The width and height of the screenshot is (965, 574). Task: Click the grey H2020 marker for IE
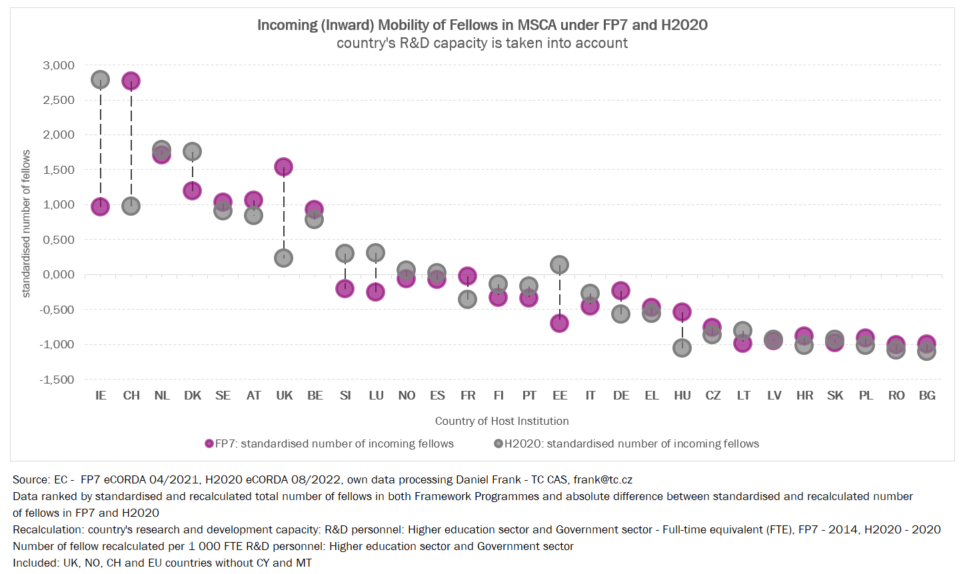pos(100,80)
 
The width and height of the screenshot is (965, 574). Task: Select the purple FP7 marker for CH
pos(131,81)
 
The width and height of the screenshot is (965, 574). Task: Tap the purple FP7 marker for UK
pos(283,166)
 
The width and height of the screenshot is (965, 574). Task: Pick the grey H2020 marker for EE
pos(559,264)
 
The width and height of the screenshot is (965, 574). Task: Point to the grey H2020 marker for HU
pos(682,348)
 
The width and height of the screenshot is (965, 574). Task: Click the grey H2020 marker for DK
pos(192,151)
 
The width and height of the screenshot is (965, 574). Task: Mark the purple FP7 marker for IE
pos(100,206)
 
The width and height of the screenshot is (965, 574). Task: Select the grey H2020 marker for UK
pos(283,258)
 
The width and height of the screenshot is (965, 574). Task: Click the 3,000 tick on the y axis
pos(59,65)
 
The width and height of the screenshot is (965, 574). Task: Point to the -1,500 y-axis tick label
pos(57,380)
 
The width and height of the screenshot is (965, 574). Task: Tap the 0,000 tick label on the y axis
pos(59,274)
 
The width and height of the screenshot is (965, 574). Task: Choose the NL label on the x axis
pos(161,396)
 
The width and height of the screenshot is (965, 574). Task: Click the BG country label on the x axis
pos(926,396)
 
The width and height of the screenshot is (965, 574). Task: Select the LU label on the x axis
pos(376,396)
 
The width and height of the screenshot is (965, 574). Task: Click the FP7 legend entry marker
pos(209,443)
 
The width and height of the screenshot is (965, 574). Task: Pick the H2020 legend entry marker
pos(498,443)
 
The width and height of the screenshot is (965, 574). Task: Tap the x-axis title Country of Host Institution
pos(502,421)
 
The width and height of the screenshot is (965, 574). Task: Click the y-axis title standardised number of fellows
pos(27,223)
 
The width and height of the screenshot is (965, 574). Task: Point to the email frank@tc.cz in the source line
pos(602,479)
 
